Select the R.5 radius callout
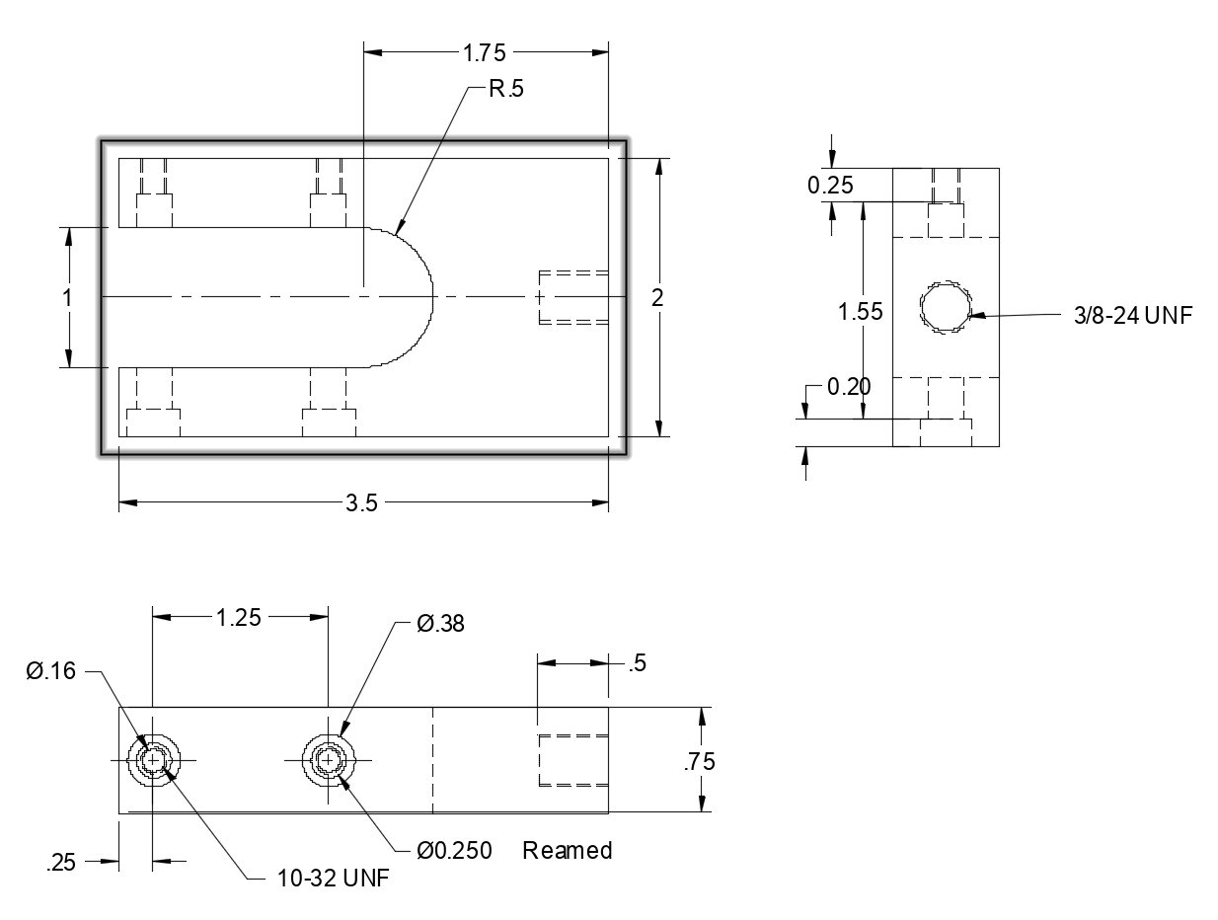507,89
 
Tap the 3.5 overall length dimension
361,503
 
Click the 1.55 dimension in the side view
860,312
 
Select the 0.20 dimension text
849,387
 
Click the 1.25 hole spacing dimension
239,618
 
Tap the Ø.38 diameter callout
440,624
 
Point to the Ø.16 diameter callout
49,671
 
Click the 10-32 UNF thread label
319,879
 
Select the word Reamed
568,850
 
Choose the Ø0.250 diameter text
454,850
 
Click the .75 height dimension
700,761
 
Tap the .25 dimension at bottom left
61,863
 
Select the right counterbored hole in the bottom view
328,760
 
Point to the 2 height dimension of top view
657,297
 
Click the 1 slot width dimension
67,297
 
